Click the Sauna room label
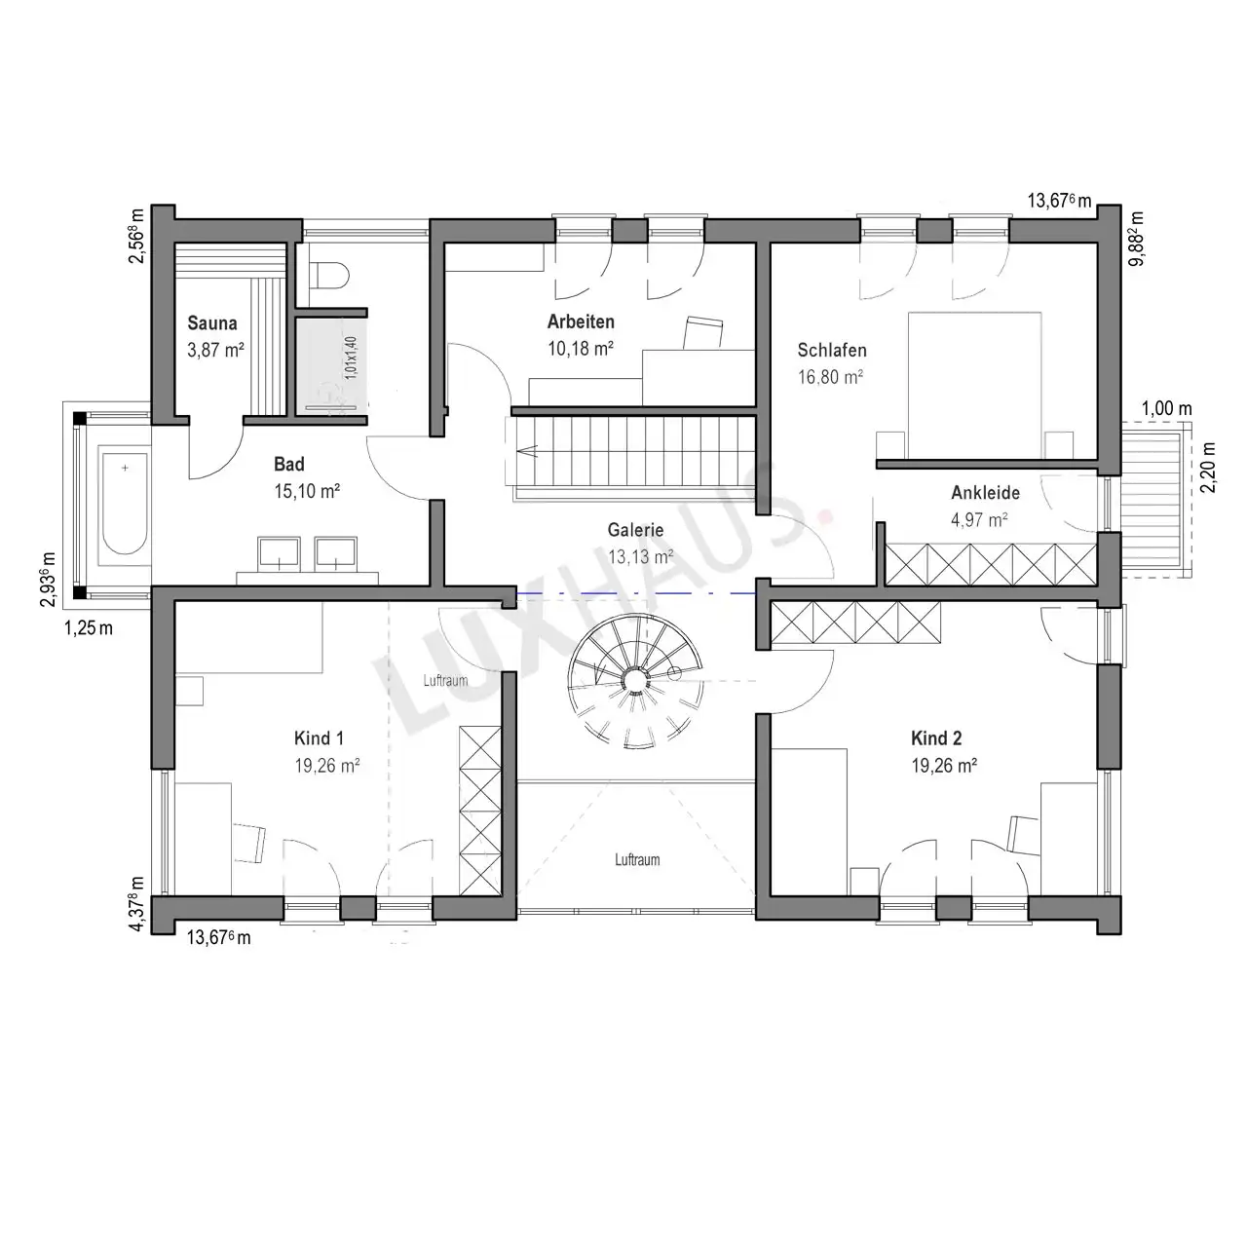pyautogui.click(x=212, y=322)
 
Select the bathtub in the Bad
pyautogui.click(x=125, y=504)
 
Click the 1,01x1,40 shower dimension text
pyautogui.click(x=351, y=358)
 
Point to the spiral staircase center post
pyautogui.click(x=635, y=680)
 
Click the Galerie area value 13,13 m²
pyautogui.click(x=640, y=556)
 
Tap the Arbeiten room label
pyautogui.click(x=581, y=321)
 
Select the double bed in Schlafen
pyautogui.click(x=974, y=385)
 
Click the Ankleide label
pyautogui.click(x=985, y=492)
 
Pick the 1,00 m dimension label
pyautogui.click(x=1166, y=408)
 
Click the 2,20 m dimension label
pyautogui.click(x=1208, y=468)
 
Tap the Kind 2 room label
pyautogui.click(x=935, y=737)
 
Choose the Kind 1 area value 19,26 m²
pyautogui.click(x=326, y=766)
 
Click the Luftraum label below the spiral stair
pyautogui.click(x=637, y=860)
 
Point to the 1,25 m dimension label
pyautogui.click(x=88, y=627)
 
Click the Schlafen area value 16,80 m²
pyautogui.click(x=830, y=377)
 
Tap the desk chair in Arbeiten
pyautogui.click(x=703, y=332)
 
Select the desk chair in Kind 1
pyautogui.click(x=249, y=843)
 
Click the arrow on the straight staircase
pyautogui.click(x=526, y=451)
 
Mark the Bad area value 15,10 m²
pyautogui.click(x=307, y=491)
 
